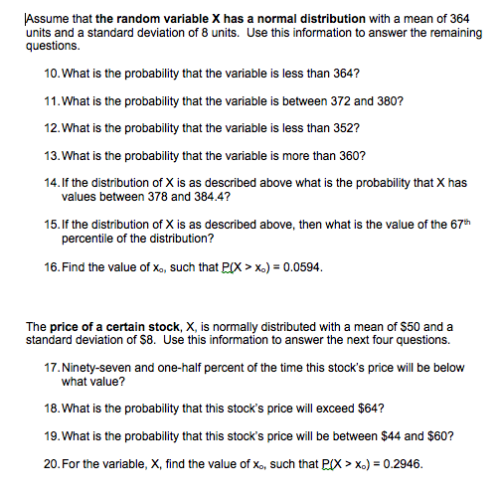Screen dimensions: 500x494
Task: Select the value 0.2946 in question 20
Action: [407, 463]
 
